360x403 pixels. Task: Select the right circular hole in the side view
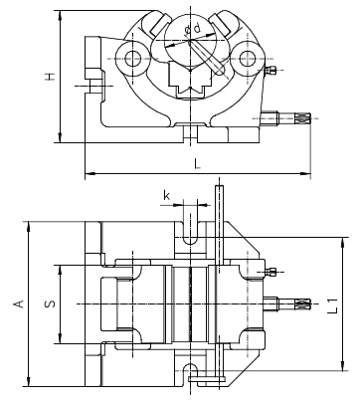245,59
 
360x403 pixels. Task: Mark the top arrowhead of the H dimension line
62,9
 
